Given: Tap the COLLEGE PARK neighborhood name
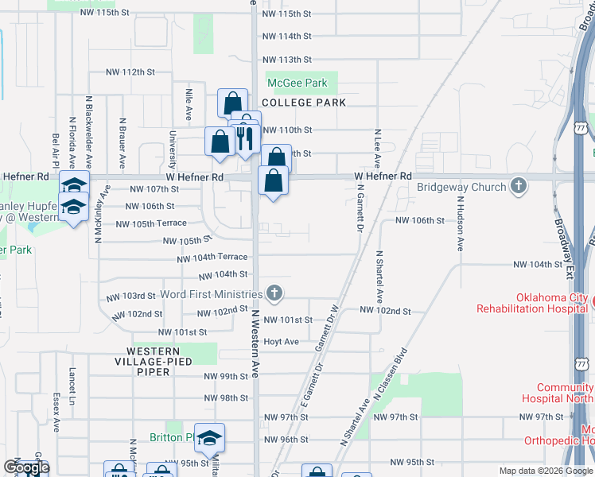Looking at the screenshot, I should tap(303, 103).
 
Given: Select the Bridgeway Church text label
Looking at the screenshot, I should tap(462, 188).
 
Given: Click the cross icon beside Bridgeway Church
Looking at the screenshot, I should tap(519, 186).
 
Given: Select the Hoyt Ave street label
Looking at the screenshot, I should tap(281, 342).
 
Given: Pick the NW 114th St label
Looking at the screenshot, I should tap(286, 37).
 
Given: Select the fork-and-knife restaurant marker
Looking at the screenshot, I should tap(246, 137).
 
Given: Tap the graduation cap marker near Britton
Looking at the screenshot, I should tap(209, 438).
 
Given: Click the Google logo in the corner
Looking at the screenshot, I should tap(26, 468).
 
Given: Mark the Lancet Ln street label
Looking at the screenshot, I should tap(72, 382).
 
